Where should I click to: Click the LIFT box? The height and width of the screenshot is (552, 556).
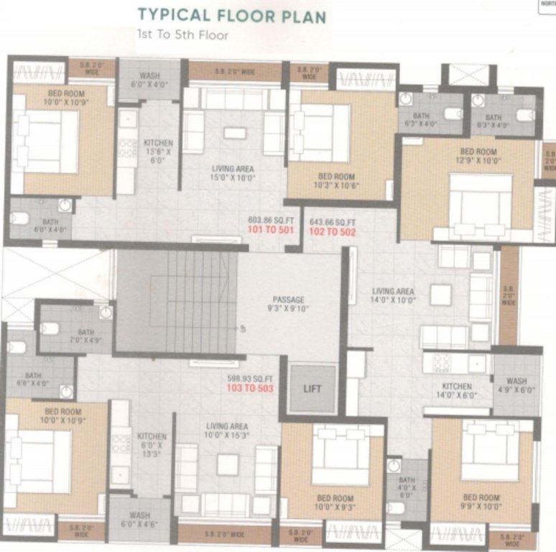click(x=312, y=389)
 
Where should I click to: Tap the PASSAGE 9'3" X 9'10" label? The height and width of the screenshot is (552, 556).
click(x=289, y=304)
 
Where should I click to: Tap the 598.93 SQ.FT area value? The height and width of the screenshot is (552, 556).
click(x=249, y=379)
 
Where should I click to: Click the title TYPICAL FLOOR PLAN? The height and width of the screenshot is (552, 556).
click(x=231, y=16)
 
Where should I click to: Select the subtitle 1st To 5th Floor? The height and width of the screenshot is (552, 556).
click(x=182, y=34)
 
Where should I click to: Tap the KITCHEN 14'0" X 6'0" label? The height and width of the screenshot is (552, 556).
click(x=457, y=390)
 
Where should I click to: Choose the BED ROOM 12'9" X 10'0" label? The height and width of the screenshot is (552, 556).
click(x=478, y=156)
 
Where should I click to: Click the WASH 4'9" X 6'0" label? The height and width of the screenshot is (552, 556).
click(x=516, y=386)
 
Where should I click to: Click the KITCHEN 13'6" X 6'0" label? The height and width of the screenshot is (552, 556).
click(x=158, y=152)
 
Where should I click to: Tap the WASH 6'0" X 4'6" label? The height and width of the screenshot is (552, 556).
click(x=139, y=520)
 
